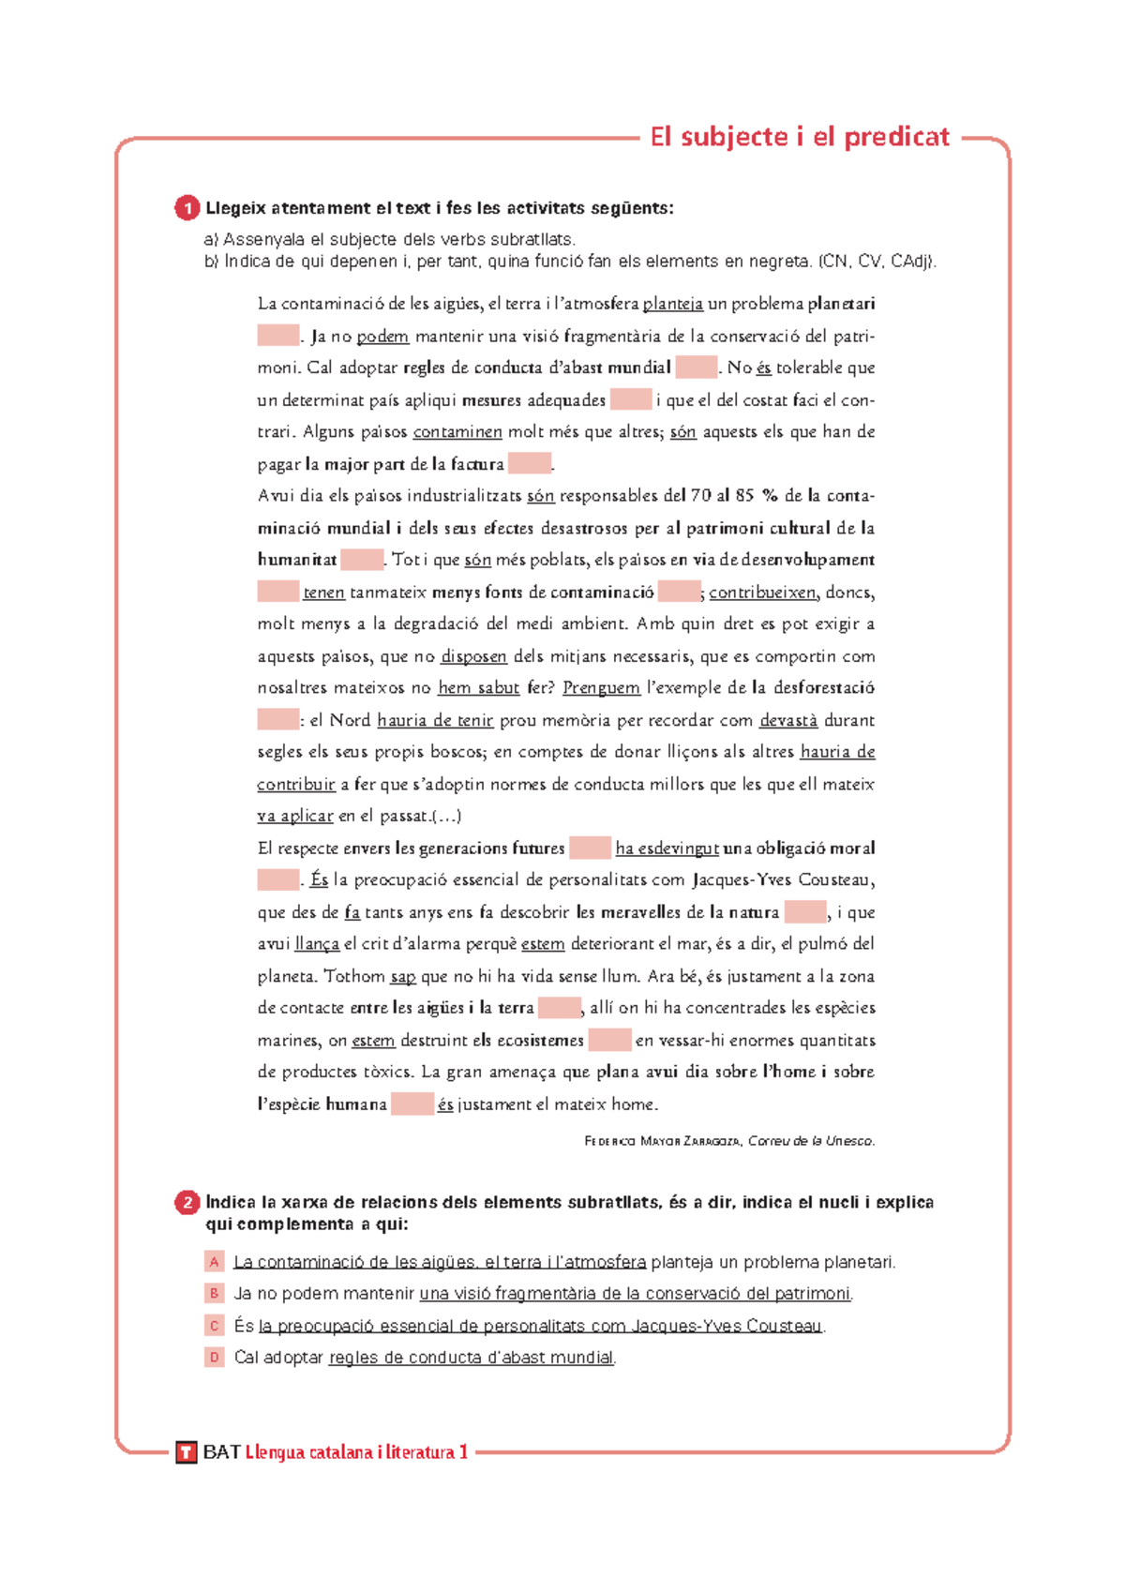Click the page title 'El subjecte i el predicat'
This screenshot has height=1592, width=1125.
[800, 137]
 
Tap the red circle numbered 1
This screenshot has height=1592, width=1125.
[187, 208]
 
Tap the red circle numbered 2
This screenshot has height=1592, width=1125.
[187, 1203]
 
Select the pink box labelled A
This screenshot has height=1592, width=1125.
[215, 1262]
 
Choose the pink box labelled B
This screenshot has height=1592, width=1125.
[215, 1294]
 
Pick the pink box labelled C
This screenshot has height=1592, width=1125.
[215, 1326]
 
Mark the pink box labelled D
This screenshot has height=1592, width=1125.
[215, 1358]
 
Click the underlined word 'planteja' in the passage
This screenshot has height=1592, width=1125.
[672, 304]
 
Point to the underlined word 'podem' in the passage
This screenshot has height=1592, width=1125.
[382, 337]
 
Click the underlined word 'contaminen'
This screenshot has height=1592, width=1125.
[457, 432]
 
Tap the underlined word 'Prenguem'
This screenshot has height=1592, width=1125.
[601, 688]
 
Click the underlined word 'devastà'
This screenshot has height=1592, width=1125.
[788, 720]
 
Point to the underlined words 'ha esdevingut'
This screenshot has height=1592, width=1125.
[667, 849]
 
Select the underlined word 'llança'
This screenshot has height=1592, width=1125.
[317, 944]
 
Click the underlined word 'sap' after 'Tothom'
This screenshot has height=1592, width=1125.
[403, 977]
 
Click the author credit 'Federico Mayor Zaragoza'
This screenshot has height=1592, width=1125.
[663, 1141]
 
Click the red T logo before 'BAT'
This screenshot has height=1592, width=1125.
[187, 1453]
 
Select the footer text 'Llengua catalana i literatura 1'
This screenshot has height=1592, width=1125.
[356, 1452]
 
